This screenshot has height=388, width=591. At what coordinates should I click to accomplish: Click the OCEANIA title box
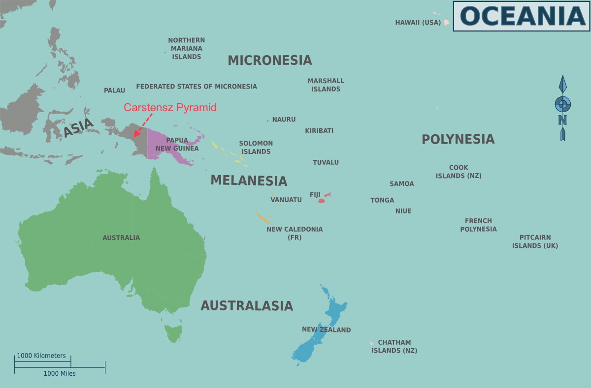(x=521, y=16)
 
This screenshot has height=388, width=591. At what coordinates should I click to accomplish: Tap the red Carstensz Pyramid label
(x=170, y=107)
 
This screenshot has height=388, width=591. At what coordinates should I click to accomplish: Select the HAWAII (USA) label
(x=418, y=23)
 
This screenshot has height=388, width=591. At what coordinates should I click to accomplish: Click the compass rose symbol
(x=562, y=105)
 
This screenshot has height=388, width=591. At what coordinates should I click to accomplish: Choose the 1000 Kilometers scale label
(x=41, y=356)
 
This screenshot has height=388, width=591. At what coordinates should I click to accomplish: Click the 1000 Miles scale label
(x=60, y=374)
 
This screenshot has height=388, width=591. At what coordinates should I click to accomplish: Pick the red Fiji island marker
(x=322, y=200)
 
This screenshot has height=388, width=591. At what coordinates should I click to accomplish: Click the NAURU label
(x=284, y=119)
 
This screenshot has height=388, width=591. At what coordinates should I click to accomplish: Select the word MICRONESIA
(x=269, y=60)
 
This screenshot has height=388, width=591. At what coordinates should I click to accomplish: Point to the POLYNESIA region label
(x=458, y=139)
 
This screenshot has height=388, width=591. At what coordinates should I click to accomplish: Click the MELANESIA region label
(x=249, y=180)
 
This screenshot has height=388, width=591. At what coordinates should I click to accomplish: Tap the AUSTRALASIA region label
(x=246, y=306)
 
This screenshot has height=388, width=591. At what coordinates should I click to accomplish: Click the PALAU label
(x=114, y=90)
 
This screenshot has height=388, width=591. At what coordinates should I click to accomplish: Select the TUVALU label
(x=326, y=162)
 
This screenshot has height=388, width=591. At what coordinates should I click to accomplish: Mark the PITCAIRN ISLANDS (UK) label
(x=535, y=241)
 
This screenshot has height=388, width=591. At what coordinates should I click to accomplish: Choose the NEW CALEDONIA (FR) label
(x=295, y=233)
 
